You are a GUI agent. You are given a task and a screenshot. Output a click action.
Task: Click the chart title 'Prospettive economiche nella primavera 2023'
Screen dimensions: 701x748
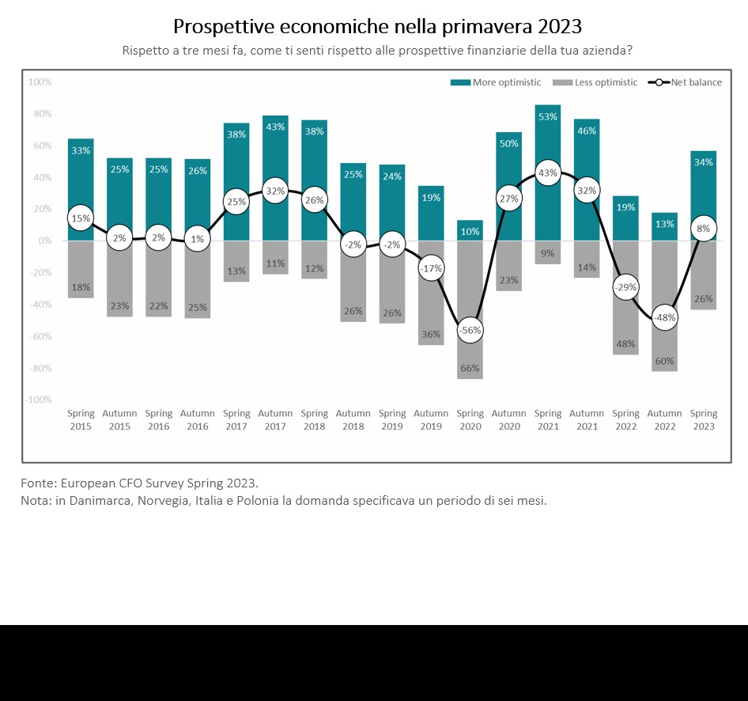[x=377, y=26]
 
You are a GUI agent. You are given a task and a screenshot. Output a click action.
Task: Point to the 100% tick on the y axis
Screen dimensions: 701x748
[x=40, y=81]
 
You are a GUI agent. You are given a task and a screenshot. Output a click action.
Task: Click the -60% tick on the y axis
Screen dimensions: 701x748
[x=40, y=336]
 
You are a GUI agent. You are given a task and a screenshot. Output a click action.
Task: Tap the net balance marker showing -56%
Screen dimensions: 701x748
[x=470, y=330]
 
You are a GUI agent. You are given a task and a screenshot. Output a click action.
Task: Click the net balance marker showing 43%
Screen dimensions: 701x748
[x=547, y=172]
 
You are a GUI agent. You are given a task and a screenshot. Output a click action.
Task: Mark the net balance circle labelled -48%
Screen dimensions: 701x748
[x=664, y=317]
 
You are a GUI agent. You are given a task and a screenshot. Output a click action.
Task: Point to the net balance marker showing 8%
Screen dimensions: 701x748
[x=703, y=229]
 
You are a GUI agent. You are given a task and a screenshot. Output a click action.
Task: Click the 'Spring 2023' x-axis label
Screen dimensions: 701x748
[x=703, y=419]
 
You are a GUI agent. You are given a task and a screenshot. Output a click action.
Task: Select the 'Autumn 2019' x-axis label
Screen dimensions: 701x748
[x=431, y=419]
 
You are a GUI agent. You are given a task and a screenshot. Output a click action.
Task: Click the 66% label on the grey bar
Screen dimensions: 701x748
[x=470, y=369]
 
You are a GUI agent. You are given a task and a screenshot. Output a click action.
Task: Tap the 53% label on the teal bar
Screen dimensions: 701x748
[x=547, y=117]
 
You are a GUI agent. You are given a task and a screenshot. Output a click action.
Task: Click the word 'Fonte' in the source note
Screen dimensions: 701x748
[x=37, y=483]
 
